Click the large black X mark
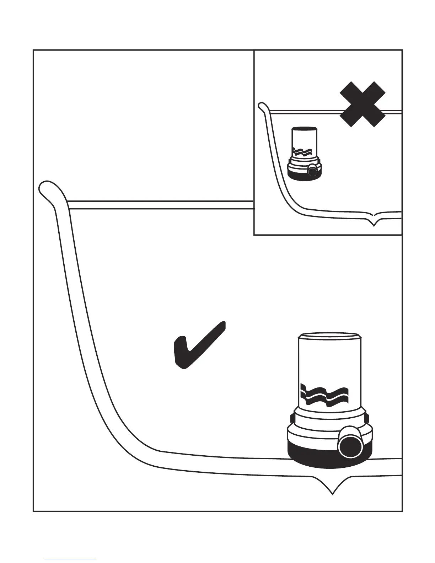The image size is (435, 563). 362,104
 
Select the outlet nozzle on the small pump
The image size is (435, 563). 312,171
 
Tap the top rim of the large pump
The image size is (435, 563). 329,336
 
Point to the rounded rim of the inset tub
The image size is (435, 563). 262,106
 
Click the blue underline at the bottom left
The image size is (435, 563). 70,560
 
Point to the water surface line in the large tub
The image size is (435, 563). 160,205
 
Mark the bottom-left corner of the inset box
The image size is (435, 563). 254,235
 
